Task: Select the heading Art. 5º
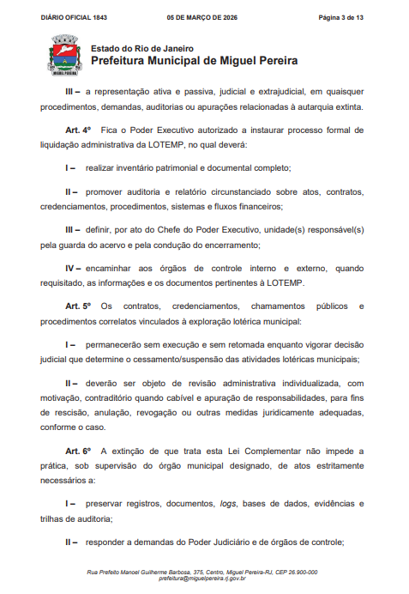(x=79, y=306)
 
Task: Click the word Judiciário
(x=222, y=542)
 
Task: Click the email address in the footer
(x=202, y=579)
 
